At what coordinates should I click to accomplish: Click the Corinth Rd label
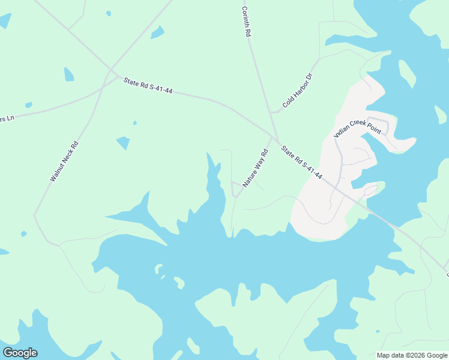[246, 22]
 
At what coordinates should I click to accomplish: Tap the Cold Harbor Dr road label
[298, 90]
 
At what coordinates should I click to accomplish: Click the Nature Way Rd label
[255, 169]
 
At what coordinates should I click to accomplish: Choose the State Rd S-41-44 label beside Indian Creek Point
[302, 163]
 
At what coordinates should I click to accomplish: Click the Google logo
[20, 353]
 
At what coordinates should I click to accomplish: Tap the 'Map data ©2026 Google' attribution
[412, 355]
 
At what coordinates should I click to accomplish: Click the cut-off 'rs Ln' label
[7, 118]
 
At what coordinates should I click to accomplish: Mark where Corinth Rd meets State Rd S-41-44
[276, 139]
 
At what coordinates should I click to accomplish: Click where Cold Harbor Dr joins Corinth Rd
[271, 112]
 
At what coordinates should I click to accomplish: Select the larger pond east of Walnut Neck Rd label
[123, 143]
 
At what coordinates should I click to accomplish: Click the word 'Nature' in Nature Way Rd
[248, 178]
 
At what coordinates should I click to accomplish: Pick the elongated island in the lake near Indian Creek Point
[407, 74]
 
